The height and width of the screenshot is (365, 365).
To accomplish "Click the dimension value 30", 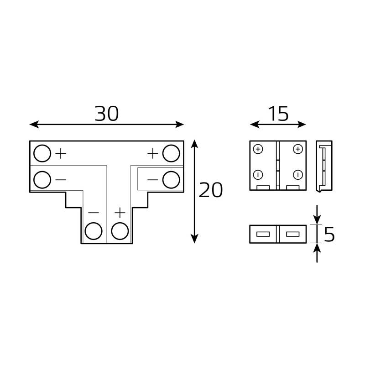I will click(x=107, y=114).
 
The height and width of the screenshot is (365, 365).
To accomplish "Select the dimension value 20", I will click(x=211, y=191).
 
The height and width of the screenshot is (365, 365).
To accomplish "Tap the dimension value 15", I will click(x=278, y=114).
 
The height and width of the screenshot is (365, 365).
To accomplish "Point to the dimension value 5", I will click(x=329, y=235).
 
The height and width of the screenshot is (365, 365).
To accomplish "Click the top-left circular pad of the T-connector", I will click(x=42, y=153).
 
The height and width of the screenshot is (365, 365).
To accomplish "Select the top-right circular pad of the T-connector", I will click(x=172, y=153).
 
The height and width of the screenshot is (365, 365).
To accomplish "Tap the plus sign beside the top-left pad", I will click(x=60, y=154).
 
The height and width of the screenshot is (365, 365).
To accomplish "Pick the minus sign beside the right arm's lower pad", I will click(x=153, y=179).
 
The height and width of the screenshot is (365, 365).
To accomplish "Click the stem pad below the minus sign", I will click(x=94, y=231).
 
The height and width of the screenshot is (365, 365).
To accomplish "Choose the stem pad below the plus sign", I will click(x=120, y=231).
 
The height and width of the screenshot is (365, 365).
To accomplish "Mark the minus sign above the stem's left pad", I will click(x=94, y=213).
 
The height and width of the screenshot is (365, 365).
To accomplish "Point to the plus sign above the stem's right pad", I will click(x=120, y=213).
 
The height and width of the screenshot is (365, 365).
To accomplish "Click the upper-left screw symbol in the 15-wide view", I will click(x=259, y=149).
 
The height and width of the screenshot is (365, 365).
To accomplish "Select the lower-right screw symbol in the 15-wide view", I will click(x=297, y=175).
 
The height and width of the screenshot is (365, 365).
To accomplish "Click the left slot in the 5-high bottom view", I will click(x=263, y=235).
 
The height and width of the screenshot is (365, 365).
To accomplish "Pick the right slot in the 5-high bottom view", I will click(x=292, y=235).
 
